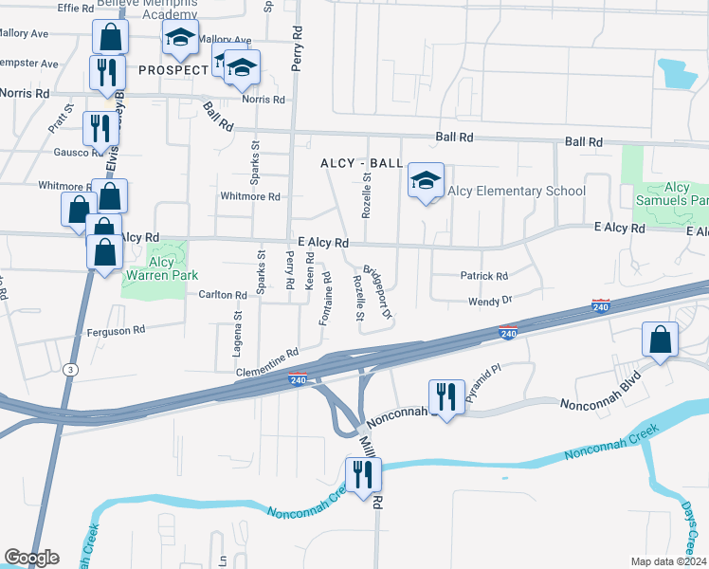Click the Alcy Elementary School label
pyautogui.click(x=517, y=191)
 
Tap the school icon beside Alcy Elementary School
pyautogui.click(x=426, y=180)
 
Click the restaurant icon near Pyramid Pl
pyautogui.click(x=445, y=395)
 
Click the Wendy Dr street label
pyautogui.click(x=490, y=301)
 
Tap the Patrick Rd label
pyautogui.click(x=484, y=276)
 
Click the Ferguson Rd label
pyautogui.click(x=116, y=331)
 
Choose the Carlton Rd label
pyautogui.click(x=223, y=295)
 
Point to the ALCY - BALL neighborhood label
pyautogui.click(x=361, y=163)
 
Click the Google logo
pyautogui.click(x=31, y=558)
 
